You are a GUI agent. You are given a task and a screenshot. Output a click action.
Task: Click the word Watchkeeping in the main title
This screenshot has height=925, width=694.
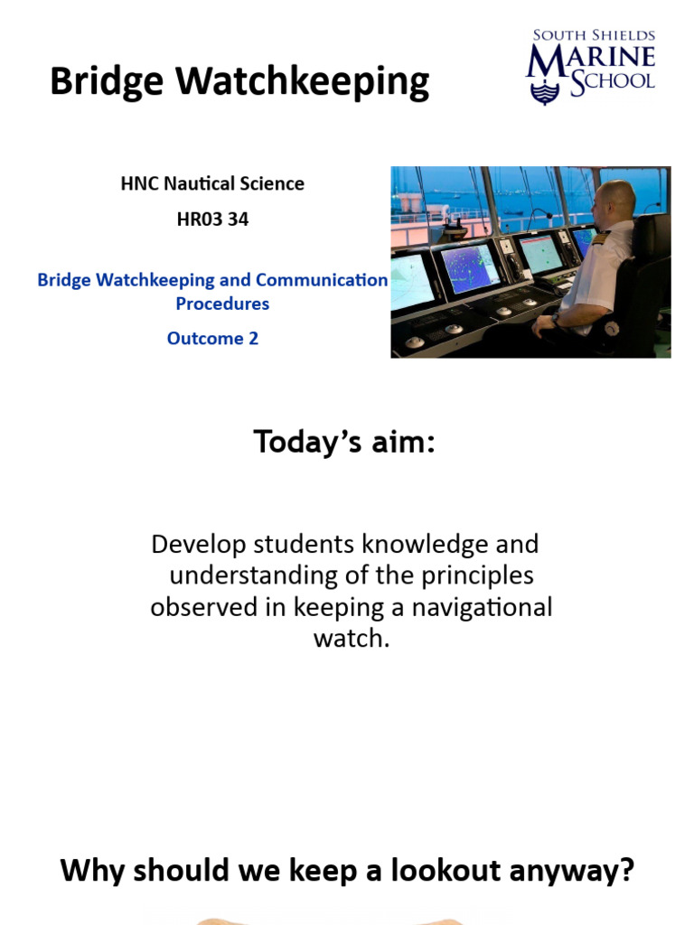(304, 82)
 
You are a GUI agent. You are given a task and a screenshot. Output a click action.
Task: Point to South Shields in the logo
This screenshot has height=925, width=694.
(594, 35)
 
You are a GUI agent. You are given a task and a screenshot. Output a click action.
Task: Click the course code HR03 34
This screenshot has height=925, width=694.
(212, 219)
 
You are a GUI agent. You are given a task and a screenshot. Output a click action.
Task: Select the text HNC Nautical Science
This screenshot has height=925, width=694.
(212, 183)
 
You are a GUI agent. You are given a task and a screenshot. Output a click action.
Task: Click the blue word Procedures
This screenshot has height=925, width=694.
(222, 304)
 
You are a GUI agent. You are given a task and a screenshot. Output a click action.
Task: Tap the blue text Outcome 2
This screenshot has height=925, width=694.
(212, 339)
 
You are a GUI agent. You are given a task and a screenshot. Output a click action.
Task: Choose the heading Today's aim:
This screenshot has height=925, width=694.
(344, 443)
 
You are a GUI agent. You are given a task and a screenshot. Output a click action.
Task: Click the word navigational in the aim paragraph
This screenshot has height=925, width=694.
(482, 607)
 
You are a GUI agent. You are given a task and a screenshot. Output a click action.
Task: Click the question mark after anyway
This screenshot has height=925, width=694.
(627, 872)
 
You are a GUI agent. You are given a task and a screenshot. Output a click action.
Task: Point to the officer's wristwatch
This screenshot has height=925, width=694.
(555, 319)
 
